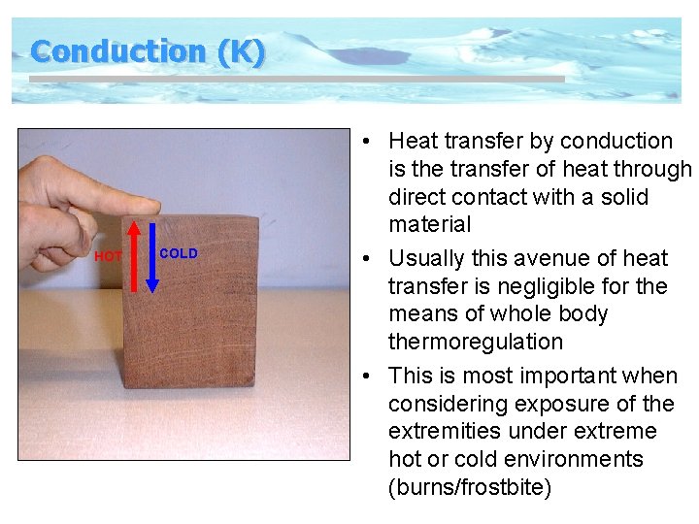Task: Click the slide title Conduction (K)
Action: click(147, 51)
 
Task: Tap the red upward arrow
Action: click(134, 256)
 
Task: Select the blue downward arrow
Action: click(152, 257)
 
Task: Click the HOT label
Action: click(108, 256)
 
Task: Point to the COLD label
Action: click(179, 253)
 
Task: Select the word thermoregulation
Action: click(476, 342)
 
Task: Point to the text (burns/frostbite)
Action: click(470, 487)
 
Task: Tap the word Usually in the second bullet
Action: click(430, 258)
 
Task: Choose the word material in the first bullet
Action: click(429, 224)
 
